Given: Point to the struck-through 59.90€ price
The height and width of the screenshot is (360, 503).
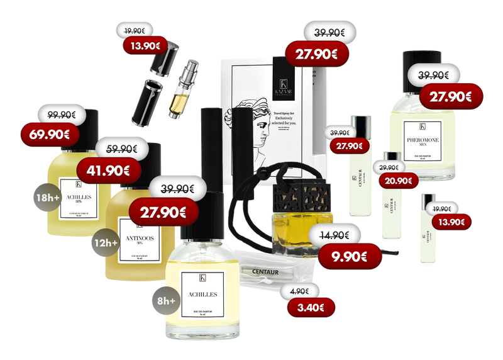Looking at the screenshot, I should click(x=121, y=149).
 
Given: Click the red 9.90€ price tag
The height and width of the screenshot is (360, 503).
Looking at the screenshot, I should click(x=350, y=255).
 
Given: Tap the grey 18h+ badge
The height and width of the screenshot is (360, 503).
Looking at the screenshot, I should click(x=48, y=198).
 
